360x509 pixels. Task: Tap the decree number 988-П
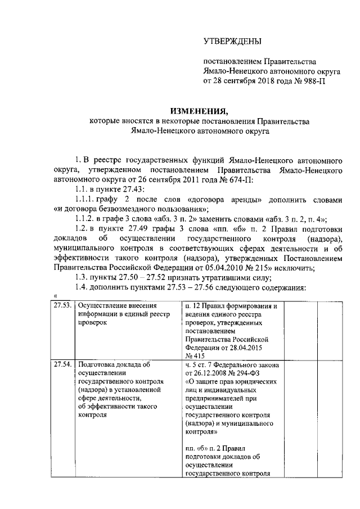pos(313,80)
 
